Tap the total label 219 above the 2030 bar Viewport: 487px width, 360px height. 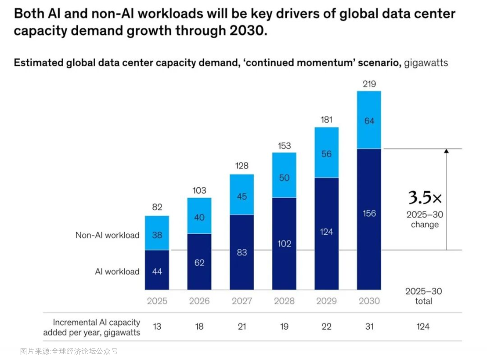pyautogui.click(x=369, y=84)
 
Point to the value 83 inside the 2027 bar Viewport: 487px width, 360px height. pyautogui.click(x=242, y=252)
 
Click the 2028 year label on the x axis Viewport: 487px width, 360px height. pyautogui.click(x=284, y=301)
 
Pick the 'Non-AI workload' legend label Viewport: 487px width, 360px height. pyautogui.click(x=107, y=235)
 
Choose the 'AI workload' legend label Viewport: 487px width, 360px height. pyautogui.click(x=117, y=272)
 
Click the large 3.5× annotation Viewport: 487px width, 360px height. pyautogui.click(x=425, y=198)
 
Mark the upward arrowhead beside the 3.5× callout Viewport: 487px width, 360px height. pyautogui.click(x=447, y=152)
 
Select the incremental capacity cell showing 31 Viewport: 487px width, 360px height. pyautogui.click(x=369, y=327)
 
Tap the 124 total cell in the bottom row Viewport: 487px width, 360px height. pyautogui.click(x=423, y=327)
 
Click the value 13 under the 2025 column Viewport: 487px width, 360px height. pyautogui.click(x=157, y=327)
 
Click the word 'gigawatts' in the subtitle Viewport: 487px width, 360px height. pyautogui.click(x=426, y=63)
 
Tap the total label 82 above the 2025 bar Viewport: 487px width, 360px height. pyautogui.click(x=157, y=207)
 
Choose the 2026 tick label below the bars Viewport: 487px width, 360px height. pyautogui.click(x=199, y=301)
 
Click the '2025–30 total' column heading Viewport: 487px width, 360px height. pyautogui.click(x=423, y=296)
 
